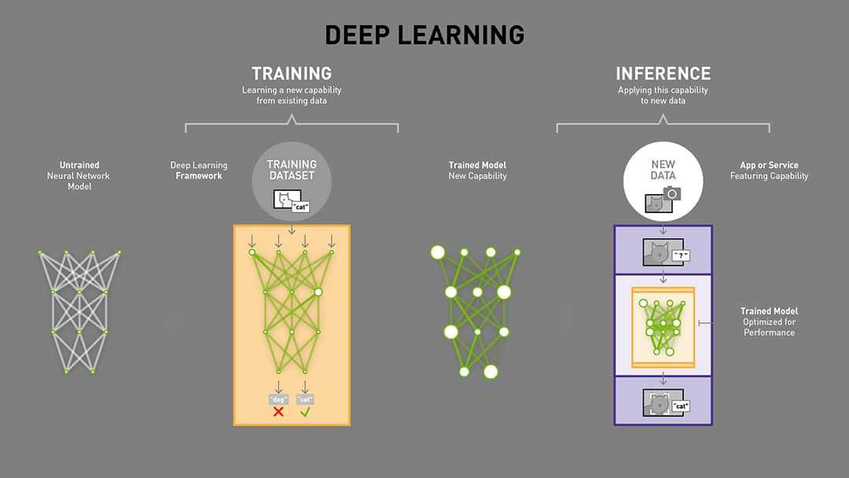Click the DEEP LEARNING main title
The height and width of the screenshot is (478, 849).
pos(424,35)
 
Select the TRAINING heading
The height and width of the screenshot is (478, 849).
pos(291,74)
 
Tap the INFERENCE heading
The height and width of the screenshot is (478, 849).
pos(663,74)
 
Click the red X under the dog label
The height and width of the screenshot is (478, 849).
pos(278,411)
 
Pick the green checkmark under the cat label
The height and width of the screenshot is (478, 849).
pos(305,411)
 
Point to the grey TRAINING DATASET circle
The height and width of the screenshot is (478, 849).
pos(292,180)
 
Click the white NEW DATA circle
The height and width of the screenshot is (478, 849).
pos(663,180)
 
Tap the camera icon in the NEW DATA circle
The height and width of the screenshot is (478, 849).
pos(672,193)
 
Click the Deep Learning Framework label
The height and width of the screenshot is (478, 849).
pos(198,171)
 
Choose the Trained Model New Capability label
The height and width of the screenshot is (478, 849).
pos(477,171)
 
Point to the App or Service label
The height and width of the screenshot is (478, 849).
pos(769,171)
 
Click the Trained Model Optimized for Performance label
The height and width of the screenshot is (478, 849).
pos(769,322)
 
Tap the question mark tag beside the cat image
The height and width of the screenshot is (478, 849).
pos(682,256)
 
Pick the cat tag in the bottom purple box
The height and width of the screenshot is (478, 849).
pos(680,406)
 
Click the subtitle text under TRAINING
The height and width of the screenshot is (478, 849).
pos(291,95)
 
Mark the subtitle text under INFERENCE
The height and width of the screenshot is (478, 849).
pos(663,95)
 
